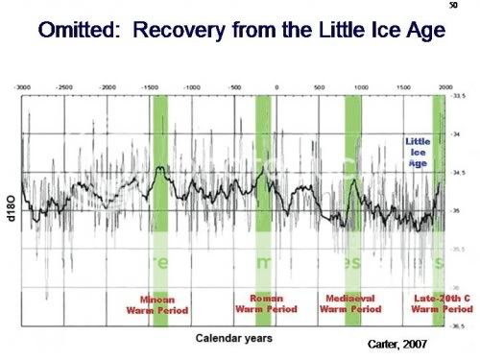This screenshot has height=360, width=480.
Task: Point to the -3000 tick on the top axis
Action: coord(22,86)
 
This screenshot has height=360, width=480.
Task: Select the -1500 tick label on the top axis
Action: coord(150,86)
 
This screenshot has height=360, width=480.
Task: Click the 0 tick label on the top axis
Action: coord(276,86)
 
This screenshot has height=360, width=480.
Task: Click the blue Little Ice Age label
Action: coord(417,153)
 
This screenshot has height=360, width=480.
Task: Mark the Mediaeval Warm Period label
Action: coord(351,304)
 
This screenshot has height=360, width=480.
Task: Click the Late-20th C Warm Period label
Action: coord(441,304)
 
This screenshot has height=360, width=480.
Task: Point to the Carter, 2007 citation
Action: coord(398,343)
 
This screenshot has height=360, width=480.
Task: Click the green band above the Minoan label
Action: coord(160,192)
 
